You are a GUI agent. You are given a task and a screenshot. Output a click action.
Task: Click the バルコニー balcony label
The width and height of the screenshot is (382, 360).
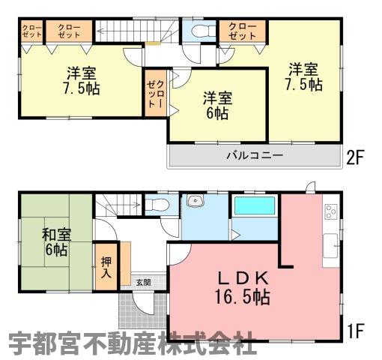pos(255,155)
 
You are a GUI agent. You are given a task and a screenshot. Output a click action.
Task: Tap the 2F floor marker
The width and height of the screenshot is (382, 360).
pos(355,157)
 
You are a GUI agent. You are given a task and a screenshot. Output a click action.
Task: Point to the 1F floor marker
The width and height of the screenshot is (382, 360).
pos(357,331)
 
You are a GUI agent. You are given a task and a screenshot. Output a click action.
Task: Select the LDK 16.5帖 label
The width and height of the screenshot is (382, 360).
pos(243,288)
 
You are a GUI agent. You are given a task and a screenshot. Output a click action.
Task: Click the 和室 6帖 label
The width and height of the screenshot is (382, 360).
pos(56,242)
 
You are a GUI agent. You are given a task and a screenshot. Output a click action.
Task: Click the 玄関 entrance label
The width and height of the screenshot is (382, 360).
pos(143,283)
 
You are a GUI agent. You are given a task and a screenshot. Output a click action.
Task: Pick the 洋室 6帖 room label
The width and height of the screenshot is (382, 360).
pos(217,106)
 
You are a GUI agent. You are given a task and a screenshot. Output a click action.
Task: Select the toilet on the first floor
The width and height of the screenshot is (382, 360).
pos(157,205)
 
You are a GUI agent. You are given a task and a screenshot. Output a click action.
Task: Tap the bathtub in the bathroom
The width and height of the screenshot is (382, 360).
pos(255,205)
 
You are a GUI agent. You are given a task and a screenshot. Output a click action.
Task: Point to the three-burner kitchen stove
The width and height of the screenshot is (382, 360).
pos(331,211)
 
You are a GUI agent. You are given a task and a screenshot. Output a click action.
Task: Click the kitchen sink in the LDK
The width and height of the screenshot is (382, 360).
pos(331,246)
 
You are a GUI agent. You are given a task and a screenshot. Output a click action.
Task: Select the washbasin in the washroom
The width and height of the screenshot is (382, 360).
pos(195,200)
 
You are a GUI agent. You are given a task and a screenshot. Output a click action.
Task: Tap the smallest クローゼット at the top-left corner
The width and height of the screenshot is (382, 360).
pos(31,31)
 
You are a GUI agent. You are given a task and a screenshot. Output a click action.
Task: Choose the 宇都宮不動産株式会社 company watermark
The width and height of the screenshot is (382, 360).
pos(133,343)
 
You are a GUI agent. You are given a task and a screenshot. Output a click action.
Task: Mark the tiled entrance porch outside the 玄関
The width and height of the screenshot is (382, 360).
pos(142,310)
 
